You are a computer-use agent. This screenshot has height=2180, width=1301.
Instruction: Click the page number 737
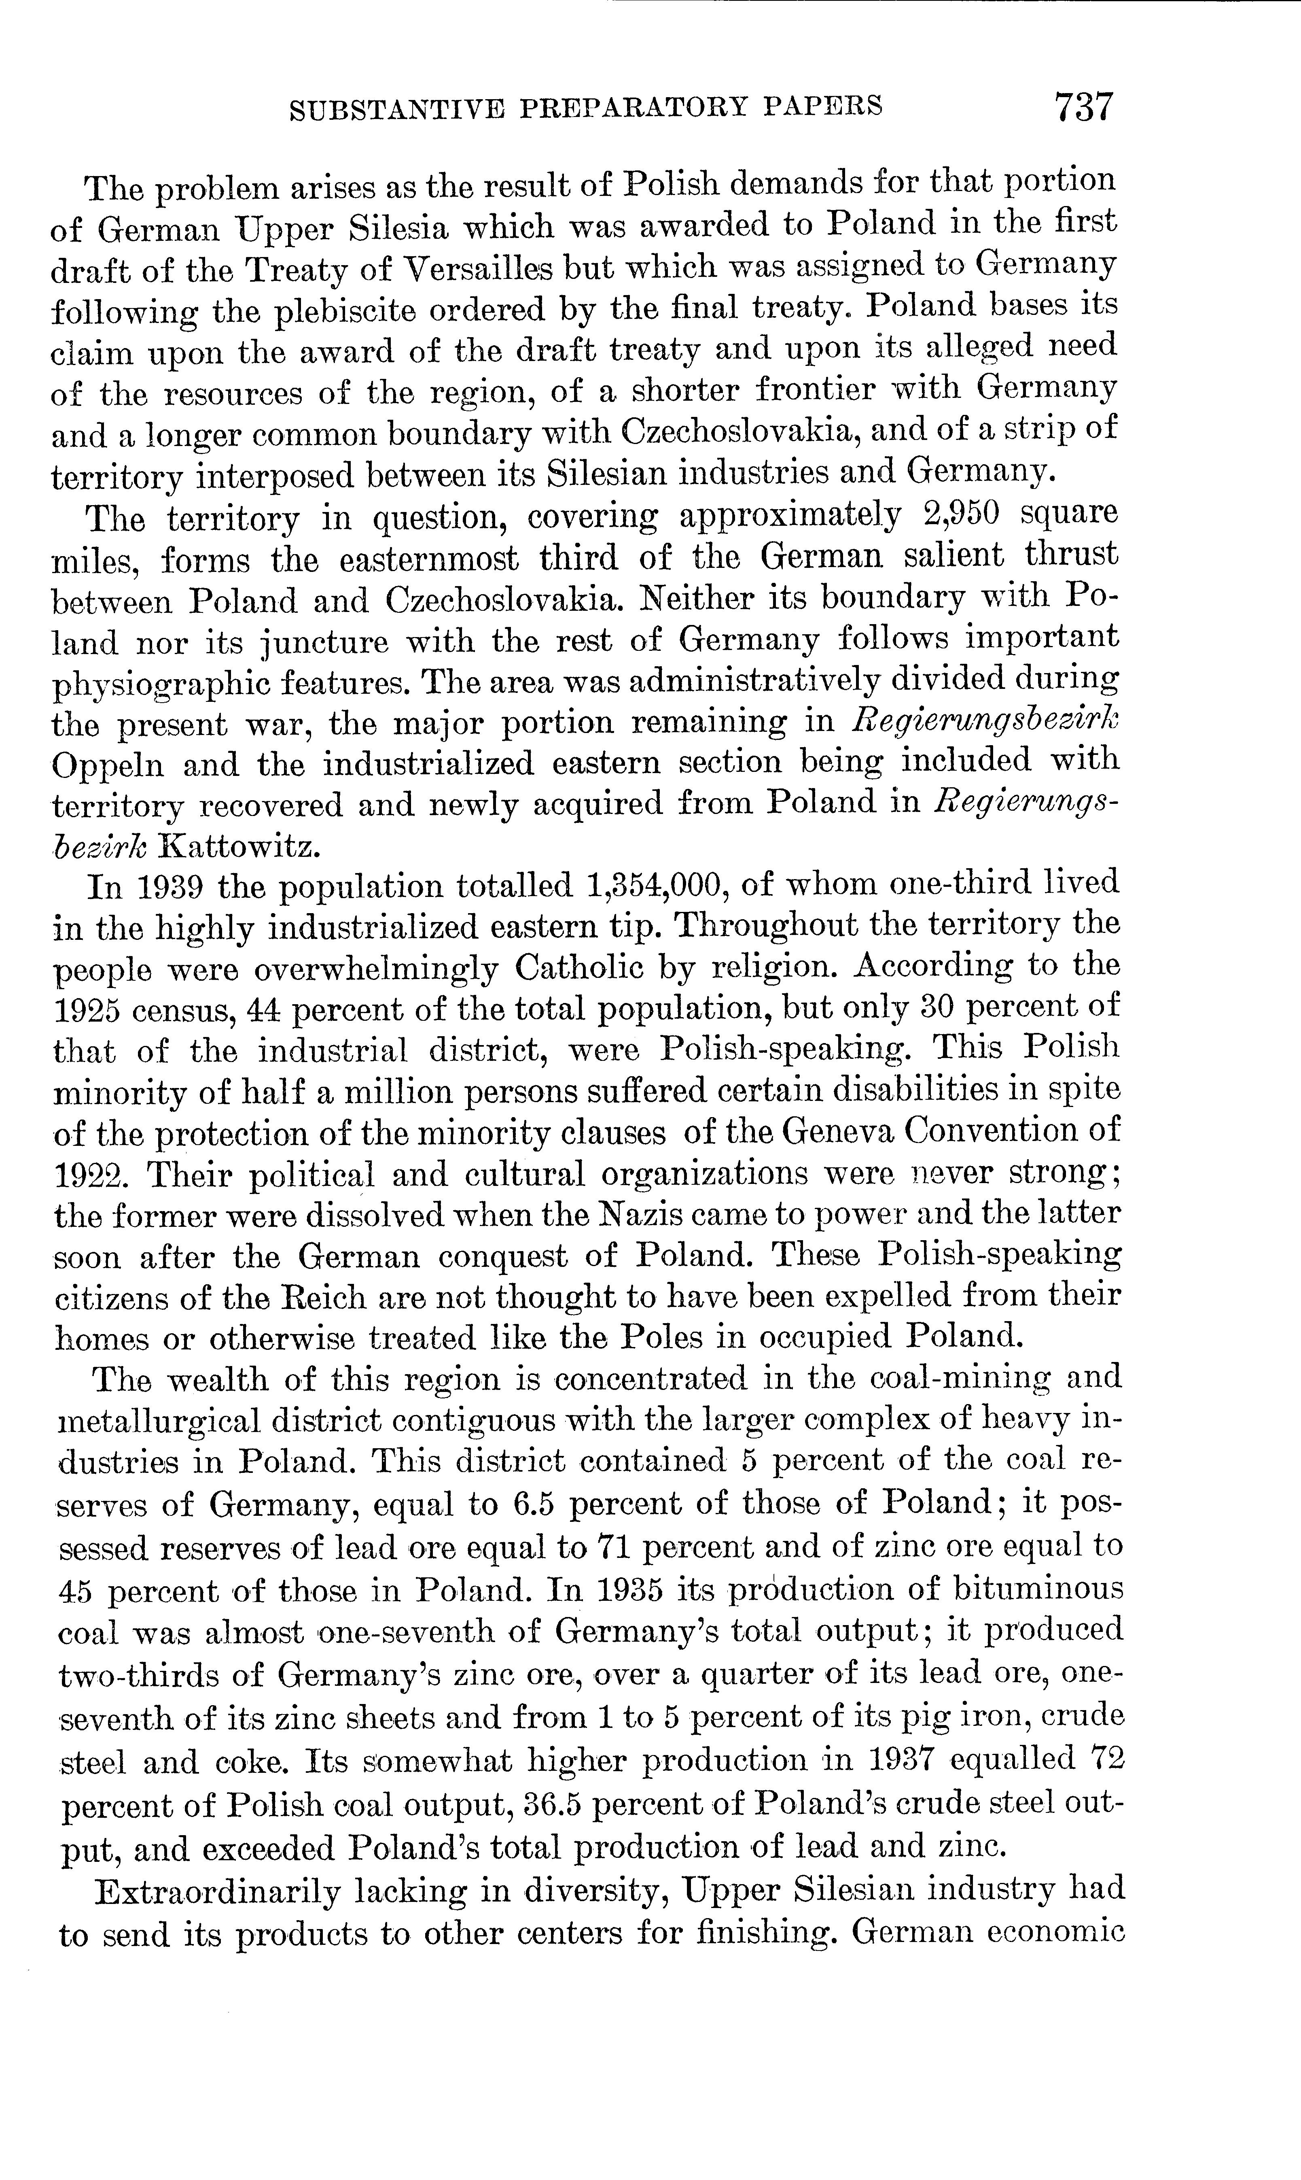[x=1084, y=106]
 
